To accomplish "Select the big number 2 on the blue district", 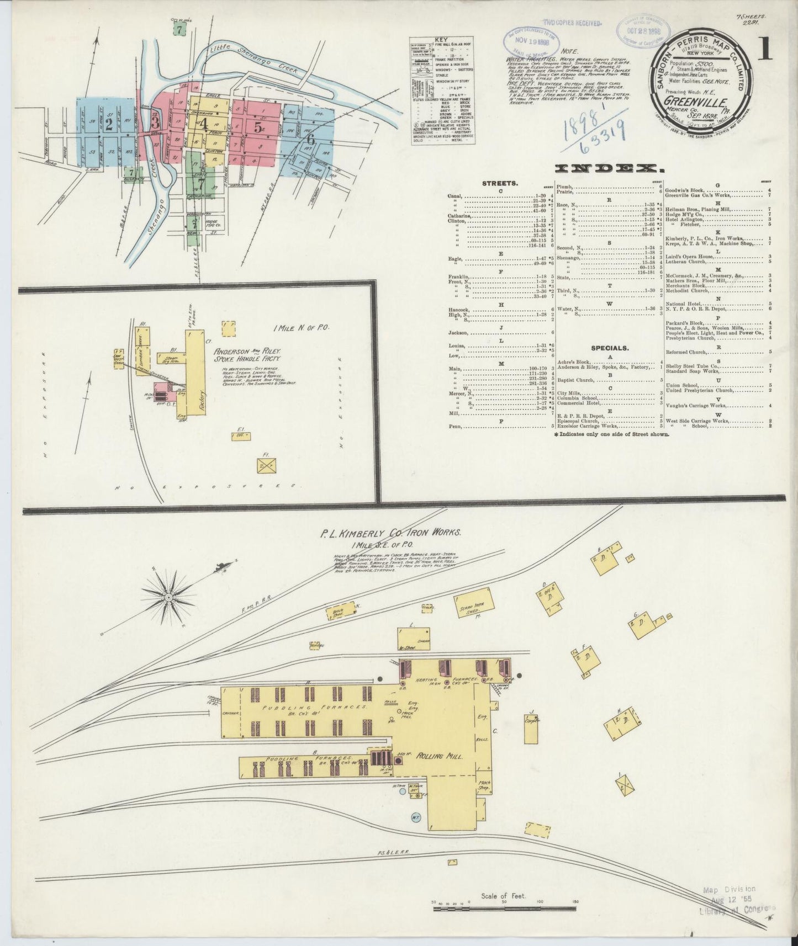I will pos(109,124).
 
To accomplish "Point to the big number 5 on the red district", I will pos(258,126).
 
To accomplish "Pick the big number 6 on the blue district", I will pos(311,139).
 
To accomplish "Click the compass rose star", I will pos(168,598).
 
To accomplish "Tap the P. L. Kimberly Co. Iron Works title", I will pos(390,533).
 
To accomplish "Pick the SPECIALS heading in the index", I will pos(609,348).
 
